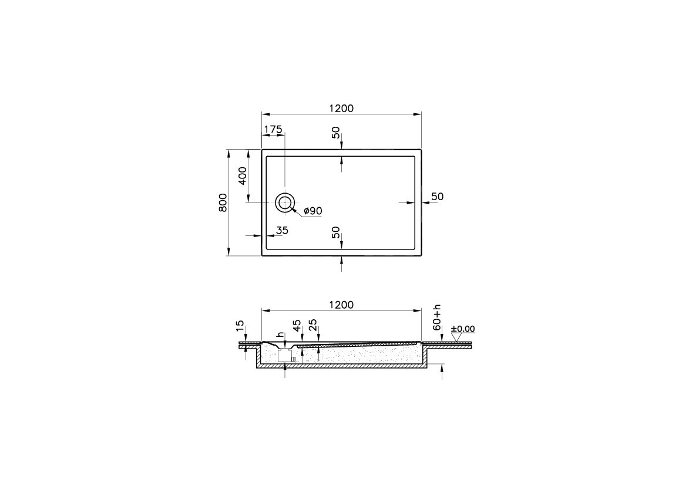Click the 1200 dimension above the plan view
point(341,108)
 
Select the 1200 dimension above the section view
point(341,305)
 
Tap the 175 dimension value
point(273,129)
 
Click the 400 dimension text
point(243,175)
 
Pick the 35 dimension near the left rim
point(282,231)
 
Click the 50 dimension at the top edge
point(335,133)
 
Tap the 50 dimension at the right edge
point(437,197)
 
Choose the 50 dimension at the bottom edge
point(335,233)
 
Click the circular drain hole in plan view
point(285,202)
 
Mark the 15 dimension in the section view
point(239,326)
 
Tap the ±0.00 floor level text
point(463,329)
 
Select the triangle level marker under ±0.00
point(456,337)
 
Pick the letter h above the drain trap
point(281,335)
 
